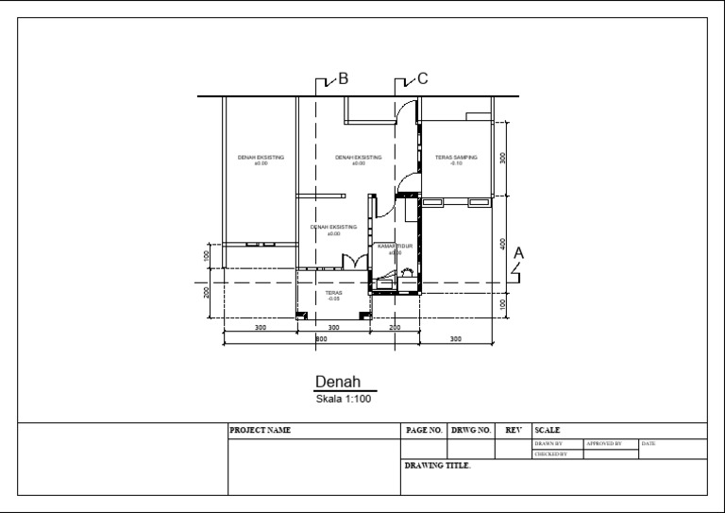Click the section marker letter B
click(x=344, y=79)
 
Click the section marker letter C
click(x=422, y=79)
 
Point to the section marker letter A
click(x=518, y=253)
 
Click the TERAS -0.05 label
click(x=333, y=296)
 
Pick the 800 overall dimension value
click(x=321, y=337)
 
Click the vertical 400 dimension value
click(x=503, y=244)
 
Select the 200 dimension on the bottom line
click(x=395, y=327)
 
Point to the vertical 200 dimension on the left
click(x=206, y=291)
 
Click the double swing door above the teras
click(x=355, y=262)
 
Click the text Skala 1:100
click(x=345, y=399)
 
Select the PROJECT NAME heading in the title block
click(x=261, y=431)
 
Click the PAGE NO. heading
click(x=424, y=431)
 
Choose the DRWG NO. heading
click(x=471, y=431)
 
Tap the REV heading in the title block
click(x=514, y=431)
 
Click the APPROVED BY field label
click(x=604, y=443)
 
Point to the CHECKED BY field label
click(x=550, y=454)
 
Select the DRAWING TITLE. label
click(x=437, y=466)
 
